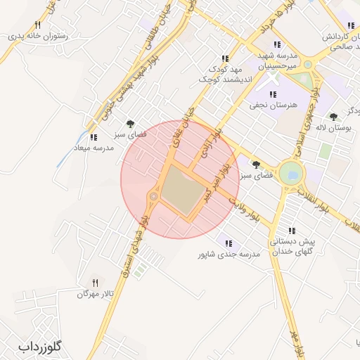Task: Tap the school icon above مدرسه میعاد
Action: tap(94, 136)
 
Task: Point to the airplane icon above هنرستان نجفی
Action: tap(272, 94)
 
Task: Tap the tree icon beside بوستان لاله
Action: tap(333, 117)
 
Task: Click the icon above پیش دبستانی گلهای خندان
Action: tap(290, 231)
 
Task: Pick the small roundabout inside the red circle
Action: tap(153, 197)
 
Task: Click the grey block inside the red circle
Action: tap(181, 192)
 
